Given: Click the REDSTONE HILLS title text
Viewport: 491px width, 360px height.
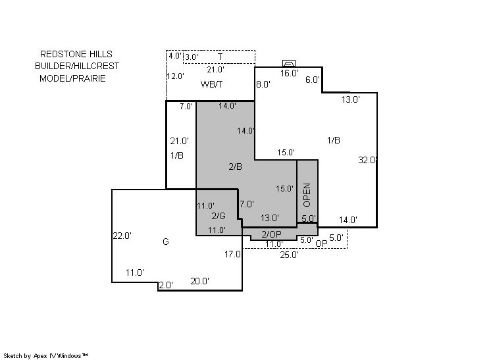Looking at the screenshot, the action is click(x=76, y=54).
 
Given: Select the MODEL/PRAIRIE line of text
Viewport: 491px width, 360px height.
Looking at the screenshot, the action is click(x=72, y=78).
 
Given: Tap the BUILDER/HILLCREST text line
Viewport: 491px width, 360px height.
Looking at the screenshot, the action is click(x=77, y=66).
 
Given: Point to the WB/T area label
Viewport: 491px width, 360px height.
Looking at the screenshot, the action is click(x=211, y=84).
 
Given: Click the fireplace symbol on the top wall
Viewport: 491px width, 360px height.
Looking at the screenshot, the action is click(x=289, y=64).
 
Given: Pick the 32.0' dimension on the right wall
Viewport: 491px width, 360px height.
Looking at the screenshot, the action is click(x=367, y=161).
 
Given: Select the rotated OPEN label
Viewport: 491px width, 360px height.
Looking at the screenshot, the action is click(x=307, y=195).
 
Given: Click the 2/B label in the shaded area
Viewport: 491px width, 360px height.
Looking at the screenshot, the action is click(x=235, y=167).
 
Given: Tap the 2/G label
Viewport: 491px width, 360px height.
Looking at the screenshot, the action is click(x=219, y=216).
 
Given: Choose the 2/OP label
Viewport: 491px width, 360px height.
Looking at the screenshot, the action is click(x=271, y=234).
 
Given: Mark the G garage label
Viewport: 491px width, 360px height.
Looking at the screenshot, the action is click(x=166, y=242).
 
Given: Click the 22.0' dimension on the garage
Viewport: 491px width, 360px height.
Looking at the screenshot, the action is click(x=122, y=236).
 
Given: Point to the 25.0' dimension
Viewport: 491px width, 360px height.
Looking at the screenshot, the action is click(x=290, y=255).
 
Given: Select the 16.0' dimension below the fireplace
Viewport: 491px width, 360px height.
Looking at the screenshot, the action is click(x=290, y=73).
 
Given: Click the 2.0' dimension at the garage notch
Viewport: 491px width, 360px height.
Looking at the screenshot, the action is click(x=166, y=285).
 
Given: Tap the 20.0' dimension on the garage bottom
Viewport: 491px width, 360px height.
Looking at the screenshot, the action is click(x=200, y=281).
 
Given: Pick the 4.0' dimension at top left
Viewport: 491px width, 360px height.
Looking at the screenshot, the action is click(x=175, y=56).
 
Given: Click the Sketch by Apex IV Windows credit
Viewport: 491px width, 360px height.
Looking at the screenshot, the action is click(x=45, y=356).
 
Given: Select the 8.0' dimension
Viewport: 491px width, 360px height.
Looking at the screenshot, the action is click(x=263, y=84).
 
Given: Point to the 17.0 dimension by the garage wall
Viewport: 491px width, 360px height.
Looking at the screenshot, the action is click(x=232, y=254).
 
